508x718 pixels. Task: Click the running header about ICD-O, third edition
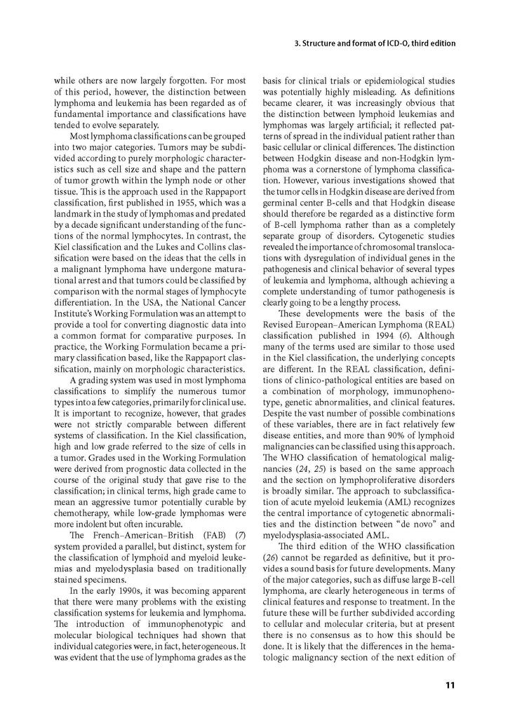375,43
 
